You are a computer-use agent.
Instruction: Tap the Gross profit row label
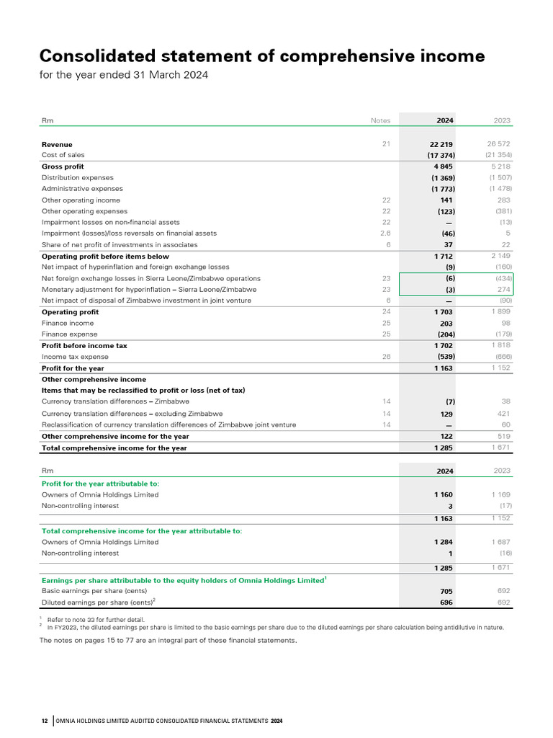click(x=63, y=167)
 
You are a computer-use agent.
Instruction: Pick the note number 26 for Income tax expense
click(x=386, y=357)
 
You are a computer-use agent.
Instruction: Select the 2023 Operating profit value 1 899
click(x=500, y=311)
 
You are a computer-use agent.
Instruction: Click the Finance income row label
click(x=67, y=324)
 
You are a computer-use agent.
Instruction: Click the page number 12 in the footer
click(x=45, y=721)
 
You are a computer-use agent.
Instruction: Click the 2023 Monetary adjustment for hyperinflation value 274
click(x=503, y=290)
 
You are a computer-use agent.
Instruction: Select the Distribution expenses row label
click(x=77, y=178)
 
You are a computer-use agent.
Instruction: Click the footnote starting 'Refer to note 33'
click(x=95, y=619)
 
